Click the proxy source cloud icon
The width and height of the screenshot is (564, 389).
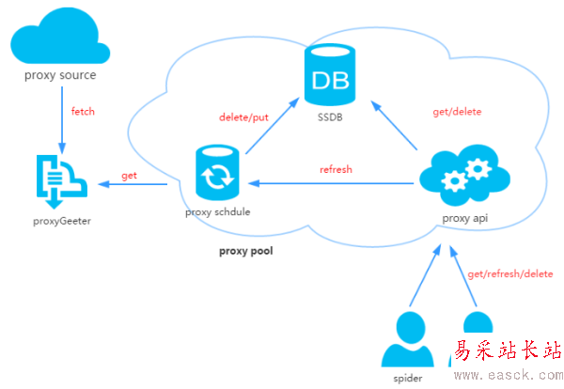59,40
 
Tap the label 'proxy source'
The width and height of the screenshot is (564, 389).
60,75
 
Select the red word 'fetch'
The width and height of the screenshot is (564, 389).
83,112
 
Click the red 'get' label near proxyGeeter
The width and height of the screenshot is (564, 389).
130,177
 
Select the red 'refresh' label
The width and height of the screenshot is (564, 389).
336,169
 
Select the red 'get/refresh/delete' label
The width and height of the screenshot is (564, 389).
509,273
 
